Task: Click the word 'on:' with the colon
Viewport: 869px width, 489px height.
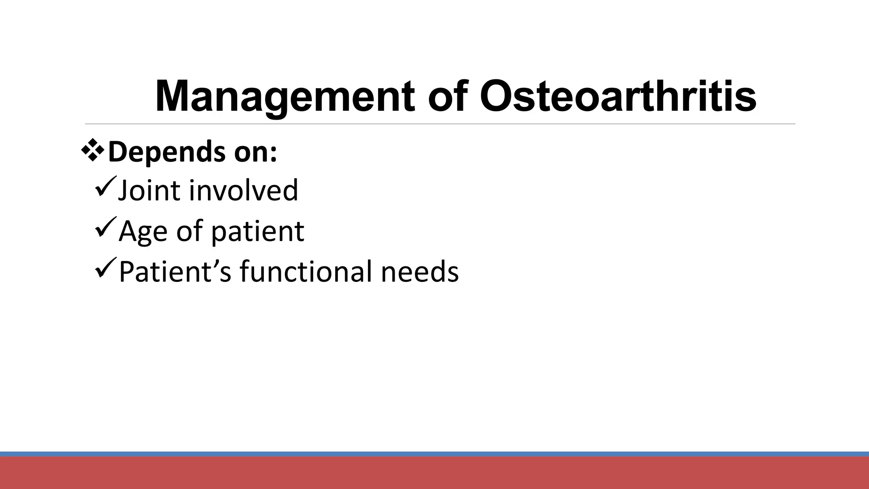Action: pos(256,153)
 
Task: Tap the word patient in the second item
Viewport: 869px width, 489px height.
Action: pos(257,232)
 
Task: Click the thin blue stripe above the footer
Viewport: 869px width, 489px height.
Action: pos(434,454)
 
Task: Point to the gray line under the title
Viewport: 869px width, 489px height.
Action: pos(440,124)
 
